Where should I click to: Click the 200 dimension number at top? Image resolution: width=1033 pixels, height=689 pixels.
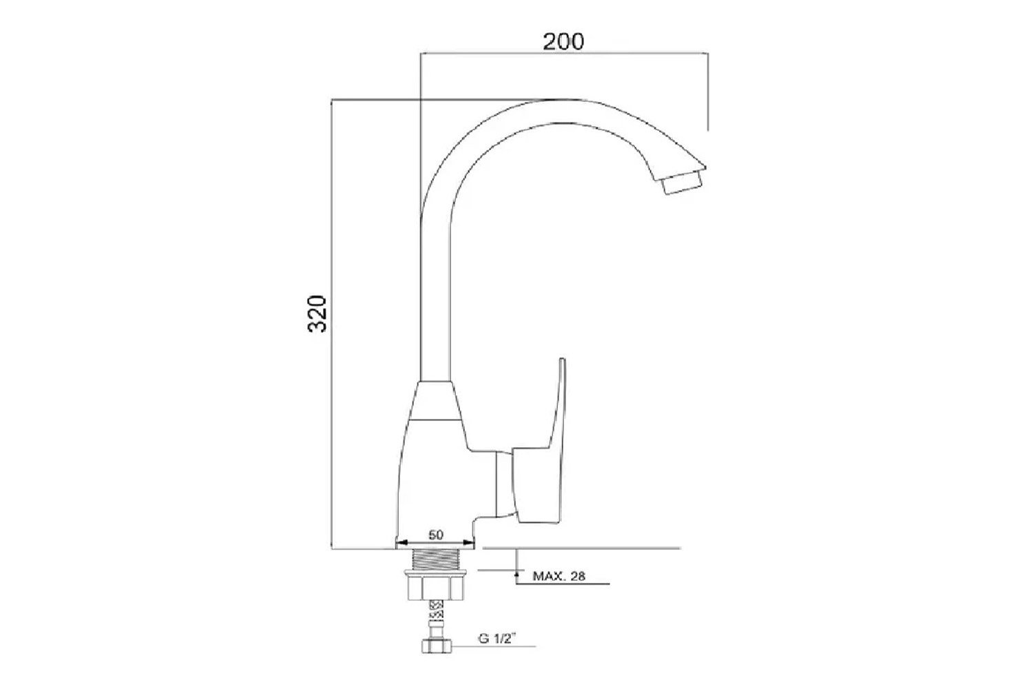(x=563, y=41)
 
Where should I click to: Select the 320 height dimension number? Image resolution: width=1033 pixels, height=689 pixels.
(x=317, y=313)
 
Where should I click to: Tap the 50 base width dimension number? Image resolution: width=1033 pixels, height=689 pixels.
(x=436, y=535)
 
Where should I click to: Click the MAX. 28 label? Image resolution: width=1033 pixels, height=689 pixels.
(x=559, y=576)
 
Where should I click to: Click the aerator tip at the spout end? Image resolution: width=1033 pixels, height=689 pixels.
(x=682, y=183)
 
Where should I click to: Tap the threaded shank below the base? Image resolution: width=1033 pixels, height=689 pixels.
(x=436, y=559)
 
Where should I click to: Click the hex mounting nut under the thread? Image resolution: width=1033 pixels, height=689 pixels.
(x=436, y=589)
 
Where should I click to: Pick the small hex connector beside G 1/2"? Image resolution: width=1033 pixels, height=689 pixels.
(x=437, y=646)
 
